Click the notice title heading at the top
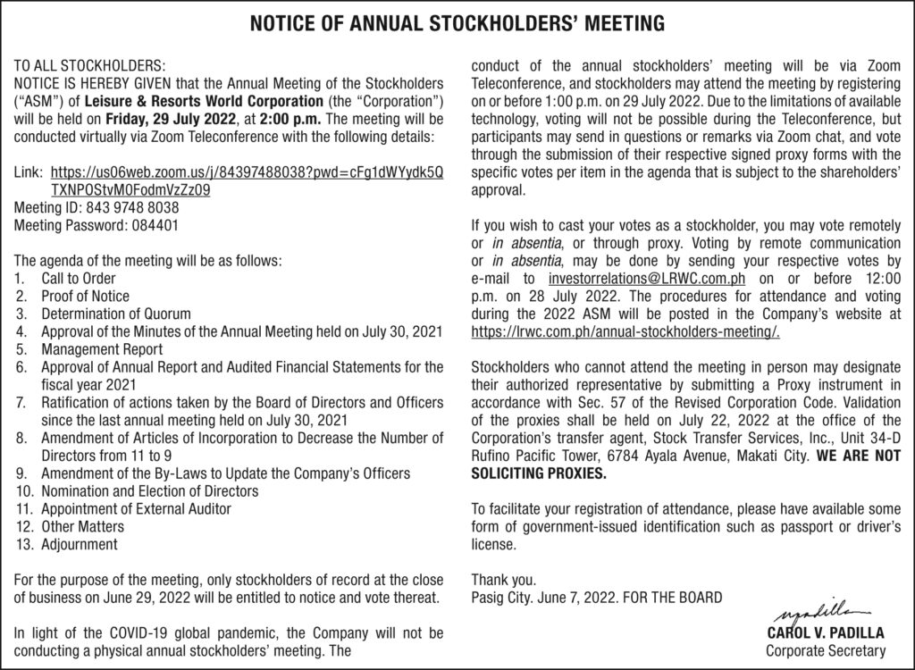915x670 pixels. pos(457,21)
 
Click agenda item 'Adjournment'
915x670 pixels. pos(80,543)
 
